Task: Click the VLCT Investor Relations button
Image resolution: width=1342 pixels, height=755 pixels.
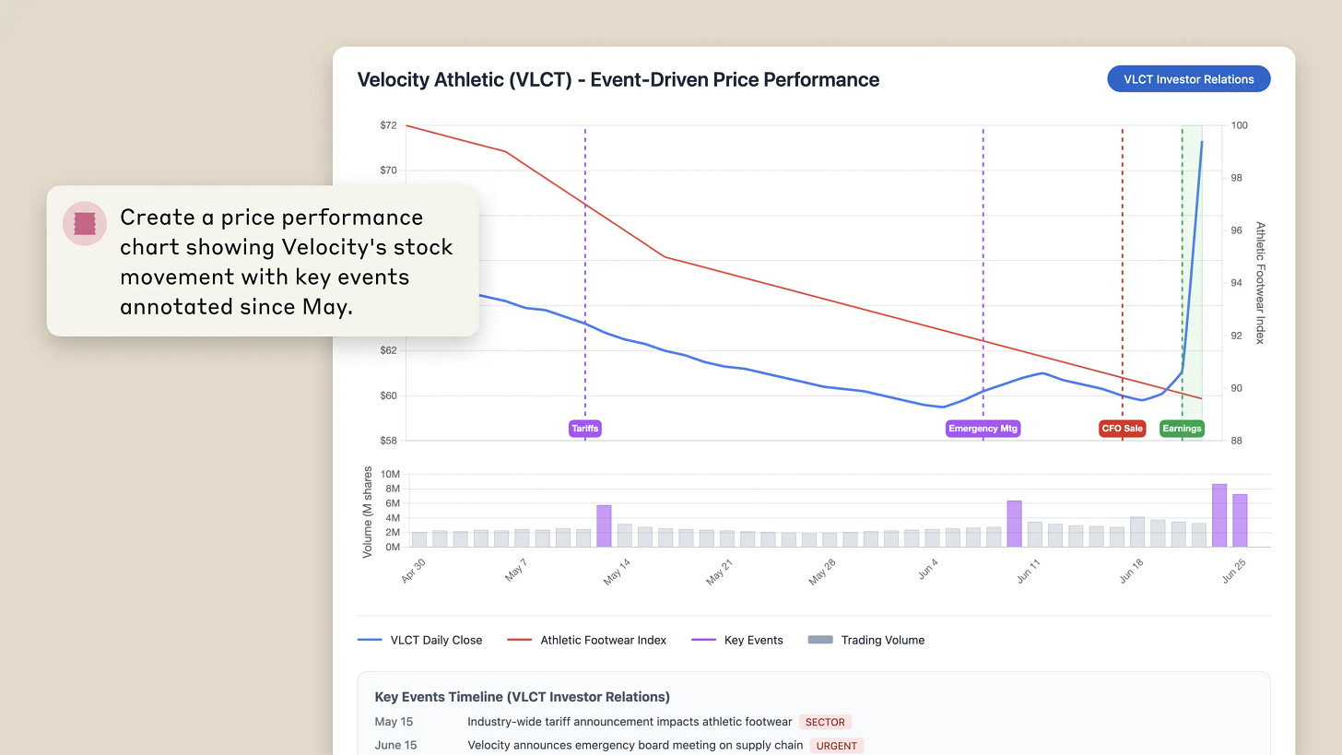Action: point(1188,79)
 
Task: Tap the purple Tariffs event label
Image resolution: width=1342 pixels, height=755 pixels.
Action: point(585,428)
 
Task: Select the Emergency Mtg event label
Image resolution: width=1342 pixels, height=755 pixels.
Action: point(983,428)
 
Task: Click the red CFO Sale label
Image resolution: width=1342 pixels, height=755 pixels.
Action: point(1122,428)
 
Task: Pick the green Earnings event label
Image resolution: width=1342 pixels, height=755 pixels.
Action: point(1182,428)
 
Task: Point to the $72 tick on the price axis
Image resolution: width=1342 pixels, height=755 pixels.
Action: point(388,125)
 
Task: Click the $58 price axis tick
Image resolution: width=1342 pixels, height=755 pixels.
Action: point(388,441)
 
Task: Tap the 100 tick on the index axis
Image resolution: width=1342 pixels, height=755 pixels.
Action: point(1240,125)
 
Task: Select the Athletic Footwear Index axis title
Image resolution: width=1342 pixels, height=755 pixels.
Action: point(1260,282)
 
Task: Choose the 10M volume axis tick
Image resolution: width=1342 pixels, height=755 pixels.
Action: point(390,475)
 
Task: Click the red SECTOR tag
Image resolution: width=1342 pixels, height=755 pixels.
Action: point(824,722)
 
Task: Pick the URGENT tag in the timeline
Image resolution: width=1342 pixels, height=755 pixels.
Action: point(837,746)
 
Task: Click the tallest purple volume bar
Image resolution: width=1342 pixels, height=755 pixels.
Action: point(1219,515)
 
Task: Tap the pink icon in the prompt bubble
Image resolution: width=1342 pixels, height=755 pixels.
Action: point(85,223)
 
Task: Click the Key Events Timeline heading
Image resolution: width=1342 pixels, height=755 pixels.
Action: point(522,697)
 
